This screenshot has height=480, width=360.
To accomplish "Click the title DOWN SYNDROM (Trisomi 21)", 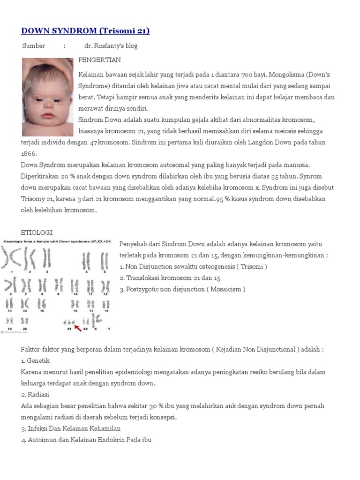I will point(85,31).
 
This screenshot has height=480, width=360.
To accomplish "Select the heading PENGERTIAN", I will point(99,60).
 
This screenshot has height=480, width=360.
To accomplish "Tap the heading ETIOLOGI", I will point(37,232).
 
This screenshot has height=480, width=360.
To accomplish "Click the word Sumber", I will point(34,46).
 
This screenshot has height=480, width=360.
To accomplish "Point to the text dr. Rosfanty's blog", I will point(111,46).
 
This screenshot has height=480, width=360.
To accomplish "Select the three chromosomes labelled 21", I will point(69,322).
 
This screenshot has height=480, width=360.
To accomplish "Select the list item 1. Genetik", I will point(36,360).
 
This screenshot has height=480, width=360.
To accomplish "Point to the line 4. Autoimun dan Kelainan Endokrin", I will point(86,440).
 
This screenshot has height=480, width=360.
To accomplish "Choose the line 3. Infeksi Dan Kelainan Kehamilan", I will point(71,428).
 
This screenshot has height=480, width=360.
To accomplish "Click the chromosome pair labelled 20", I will point(24,322).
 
